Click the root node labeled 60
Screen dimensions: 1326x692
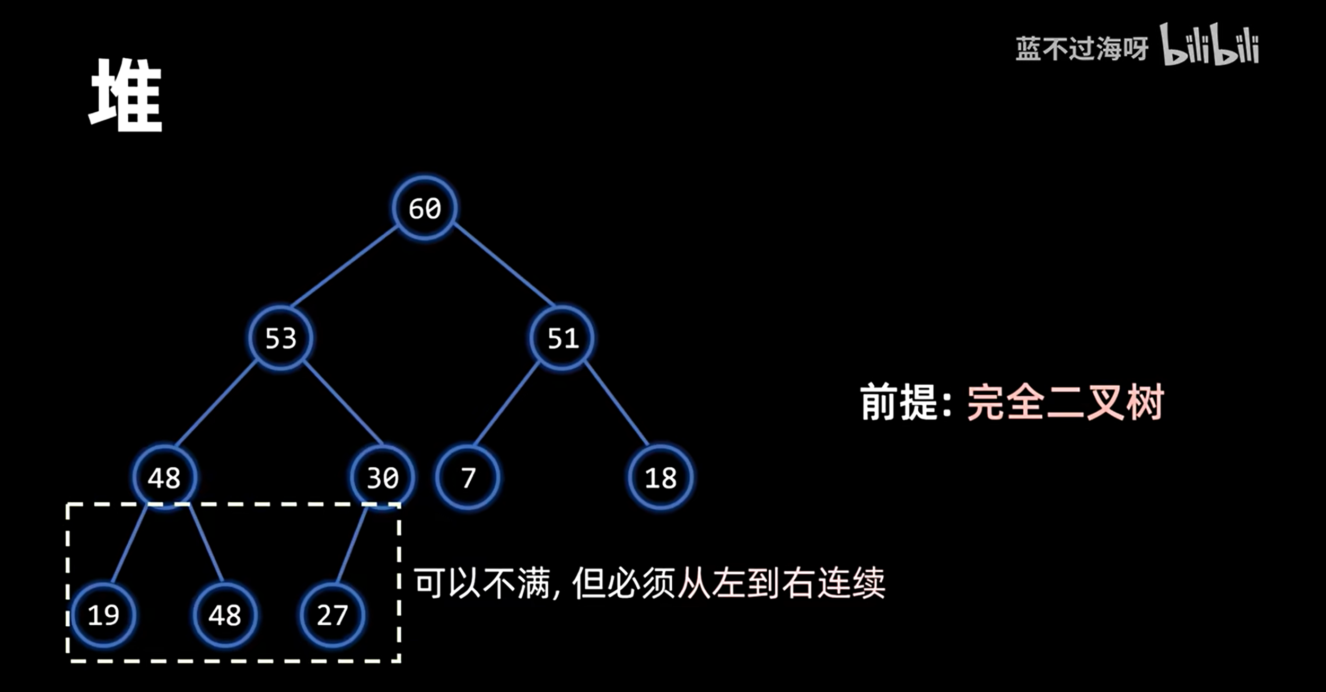[425, 208]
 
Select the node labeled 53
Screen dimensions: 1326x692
[281, 338]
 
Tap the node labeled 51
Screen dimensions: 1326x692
[562, 338]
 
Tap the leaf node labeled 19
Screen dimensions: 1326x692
[103, 615]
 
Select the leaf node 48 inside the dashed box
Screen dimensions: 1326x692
[225, 615]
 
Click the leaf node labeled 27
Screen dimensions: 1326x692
[332, 615]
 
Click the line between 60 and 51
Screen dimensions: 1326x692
[504, 265]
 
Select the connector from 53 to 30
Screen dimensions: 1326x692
[342, 403]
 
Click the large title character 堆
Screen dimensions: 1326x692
[126, 95]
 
